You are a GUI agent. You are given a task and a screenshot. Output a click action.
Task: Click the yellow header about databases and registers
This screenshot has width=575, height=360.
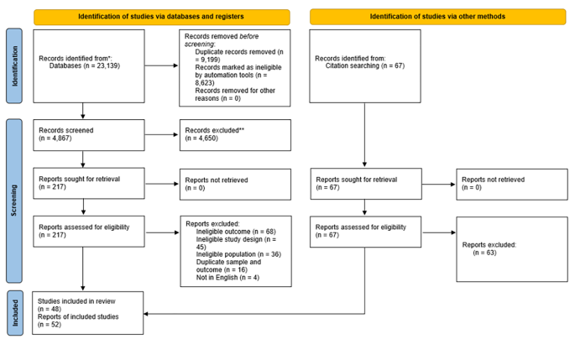click(x=161, y=17)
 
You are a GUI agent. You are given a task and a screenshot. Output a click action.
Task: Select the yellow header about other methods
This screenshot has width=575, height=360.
click(x=436, y=17)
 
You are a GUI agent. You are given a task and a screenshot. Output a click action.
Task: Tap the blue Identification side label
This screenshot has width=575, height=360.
click(x=14, y=66)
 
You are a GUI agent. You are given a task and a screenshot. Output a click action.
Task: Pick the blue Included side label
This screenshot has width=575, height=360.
click(x=14, y=312)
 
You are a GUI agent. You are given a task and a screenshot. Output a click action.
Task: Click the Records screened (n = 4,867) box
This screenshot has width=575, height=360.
click(x=89, y=135)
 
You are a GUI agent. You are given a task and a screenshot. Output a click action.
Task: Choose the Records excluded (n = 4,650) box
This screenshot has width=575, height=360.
click(x=235, y=135)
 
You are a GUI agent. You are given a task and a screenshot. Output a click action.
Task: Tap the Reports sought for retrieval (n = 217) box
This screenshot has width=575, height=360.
click(x=89, y=184)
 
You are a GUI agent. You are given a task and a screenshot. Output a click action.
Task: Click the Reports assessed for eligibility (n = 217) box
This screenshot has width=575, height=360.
click(x=89, y=231)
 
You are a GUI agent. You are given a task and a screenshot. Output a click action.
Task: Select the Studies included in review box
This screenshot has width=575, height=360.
click(x=89, y=312)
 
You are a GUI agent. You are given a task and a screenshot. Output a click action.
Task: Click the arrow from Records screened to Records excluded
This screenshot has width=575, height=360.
click(x=161, y=135)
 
